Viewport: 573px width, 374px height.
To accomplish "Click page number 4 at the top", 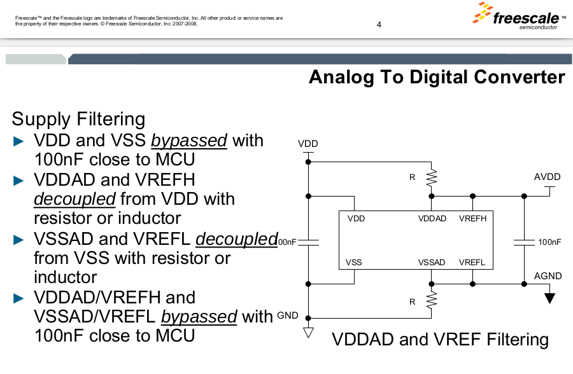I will point(379,25).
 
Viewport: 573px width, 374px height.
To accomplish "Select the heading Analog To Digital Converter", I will point(437,78).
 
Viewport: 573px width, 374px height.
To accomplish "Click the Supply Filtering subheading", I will point(78,119).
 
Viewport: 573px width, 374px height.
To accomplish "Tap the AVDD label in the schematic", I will point(547,176).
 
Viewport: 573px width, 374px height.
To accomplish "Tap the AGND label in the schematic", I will point(548,276).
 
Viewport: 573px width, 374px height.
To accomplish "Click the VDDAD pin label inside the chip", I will point(432,219).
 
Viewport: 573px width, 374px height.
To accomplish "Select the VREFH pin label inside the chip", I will point(472,219).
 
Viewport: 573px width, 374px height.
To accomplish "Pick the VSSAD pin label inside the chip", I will point(432,262).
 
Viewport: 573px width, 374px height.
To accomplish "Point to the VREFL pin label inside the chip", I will point(472,262).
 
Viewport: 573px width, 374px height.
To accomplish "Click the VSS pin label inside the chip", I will point(353,262).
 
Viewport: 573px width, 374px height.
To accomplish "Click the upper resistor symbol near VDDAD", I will point(432,178).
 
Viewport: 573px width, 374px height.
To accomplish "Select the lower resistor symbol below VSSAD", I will point(432,300).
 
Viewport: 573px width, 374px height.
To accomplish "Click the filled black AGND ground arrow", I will point(550,297).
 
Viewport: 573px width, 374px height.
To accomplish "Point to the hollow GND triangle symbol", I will point(308,331).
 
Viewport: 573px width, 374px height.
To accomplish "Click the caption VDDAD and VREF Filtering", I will point(440,340).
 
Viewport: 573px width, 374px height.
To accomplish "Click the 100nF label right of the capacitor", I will point(549,242).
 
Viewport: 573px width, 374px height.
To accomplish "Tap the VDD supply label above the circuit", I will point(308,144).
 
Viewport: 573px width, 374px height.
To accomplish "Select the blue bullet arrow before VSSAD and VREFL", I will point(19,240).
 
